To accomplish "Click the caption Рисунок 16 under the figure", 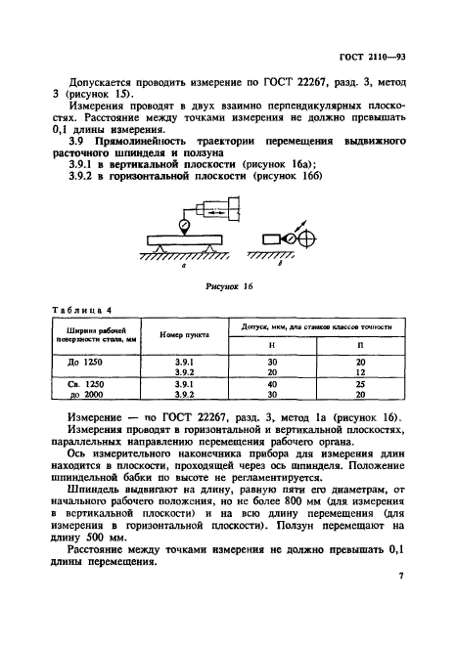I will [232, 290].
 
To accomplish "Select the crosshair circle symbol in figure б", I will [305, 239].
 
